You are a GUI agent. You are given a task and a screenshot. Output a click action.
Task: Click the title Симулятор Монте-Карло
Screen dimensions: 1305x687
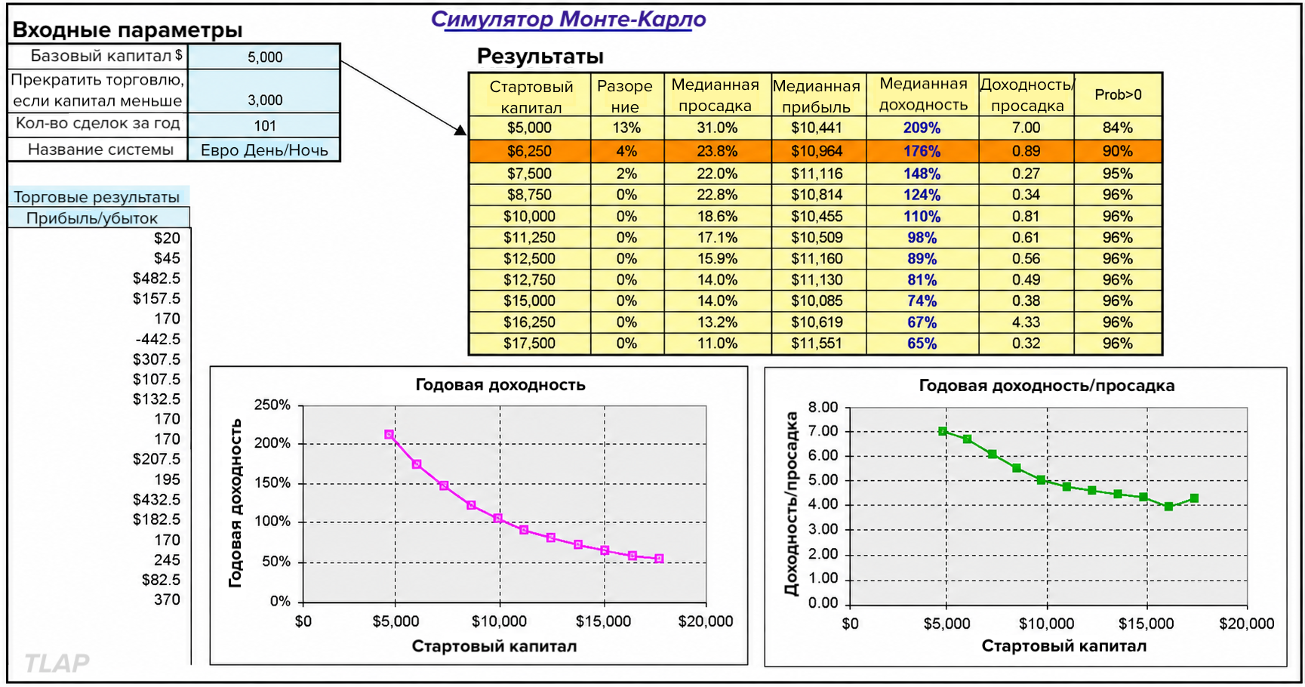coord(568,20)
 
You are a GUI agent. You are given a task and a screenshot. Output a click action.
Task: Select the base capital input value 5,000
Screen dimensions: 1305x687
coord(265,57)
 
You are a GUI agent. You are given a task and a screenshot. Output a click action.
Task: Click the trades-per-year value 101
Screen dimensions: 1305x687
coord(265,126)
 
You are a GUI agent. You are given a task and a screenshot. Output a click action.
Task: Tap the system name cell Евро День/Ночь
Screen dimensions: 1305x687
coord(264,150)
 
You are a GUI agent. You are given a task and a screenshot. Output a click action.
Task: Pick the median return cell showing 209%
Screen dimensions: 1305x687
coord(922,128)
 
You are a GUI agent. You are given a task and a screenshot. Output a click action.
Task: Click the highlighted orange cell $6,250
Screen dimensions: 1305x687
coord(529,151)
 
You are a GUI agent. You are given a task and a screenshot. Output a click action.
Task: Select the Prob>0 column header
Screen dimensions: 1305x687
coord(1118,95)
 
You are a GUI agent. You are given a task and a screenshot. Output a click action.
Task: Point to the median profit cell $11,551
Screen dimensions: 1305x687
coord(817,343)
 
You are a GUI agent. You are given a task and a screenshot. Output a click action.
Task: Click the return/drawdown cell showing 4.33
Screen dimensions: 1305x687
coord(1026,322)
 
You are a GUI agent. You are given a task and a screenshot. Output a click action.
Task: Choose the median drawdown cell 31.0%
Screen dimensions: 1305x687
coord(717,128)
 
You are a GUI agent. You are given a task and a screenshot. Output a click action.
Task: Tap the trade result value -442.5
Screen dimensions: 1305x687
coord(158,339)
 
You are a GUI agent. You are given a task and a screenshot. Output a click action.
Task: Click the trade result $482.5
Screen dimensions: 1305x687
coord(156,279)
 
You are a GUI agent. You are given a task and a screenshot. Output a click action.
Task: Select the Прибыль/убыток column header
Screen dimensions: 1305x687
coord(92,218)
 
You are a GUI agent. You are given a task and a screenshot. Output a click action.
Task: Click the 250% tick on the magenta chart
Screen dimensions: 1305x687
coord(272,405)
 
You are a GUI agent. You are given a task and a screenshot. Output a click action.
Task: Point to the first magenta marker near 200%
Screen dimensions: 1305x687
coord(389,435)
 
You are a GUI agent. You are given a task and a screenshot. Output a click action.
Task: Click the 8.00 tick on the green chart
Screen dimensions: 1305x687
coord(823,408)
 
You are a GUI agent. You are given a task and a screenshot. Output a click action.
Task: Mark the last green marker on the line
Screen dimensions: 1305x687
coord(1194,498)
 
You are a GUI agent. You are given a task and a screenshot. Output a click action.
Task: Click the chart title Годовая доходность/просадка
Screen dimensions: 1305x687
coord(1046,386)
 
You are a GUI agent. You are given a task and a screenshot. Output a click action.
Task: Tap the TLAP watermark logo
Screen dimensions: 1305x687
coord(57,663)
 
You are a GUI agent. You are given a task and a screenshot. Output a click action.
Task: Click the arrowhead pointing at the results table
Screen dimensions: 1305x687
coord(461,131)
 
